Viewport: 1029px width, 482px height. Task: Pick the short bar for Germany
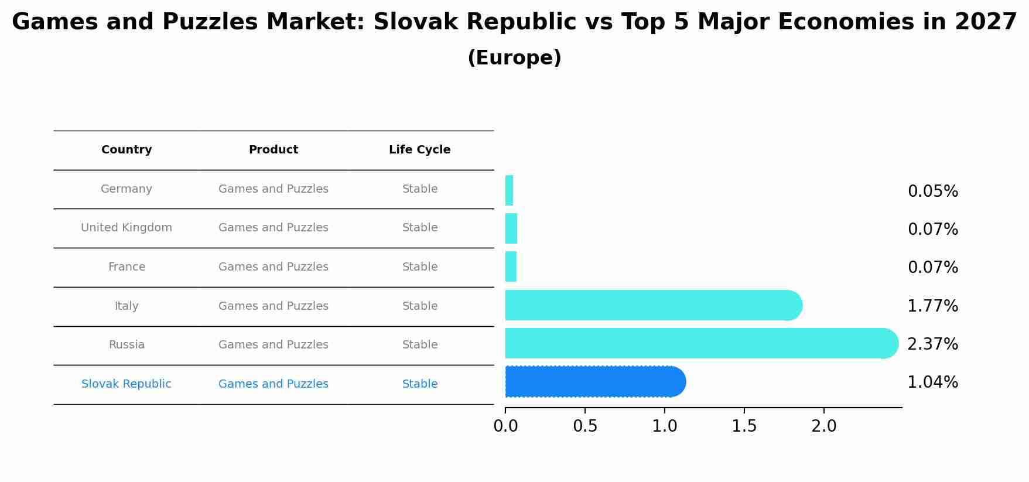tap(509, 190)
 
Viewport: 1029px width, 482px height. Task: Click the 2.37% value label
tap(932, 344)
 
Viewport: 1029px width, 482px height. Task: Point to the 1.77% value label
tap(932, 306)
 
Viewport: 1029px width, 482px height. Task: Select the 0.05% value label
tap(932, 192)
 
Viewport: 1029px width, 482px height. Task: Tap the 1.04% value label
tap(932, 382)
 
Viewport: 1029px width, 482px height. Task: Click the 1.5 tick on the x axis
tap(744, 426)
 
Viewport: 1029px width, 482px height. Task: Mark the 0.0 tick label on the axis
tap(505, 426)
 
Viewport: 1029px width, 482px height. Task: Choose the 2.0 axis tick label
tap(823, 426)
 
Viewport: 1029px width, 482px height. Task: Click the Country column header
tap(127, 150)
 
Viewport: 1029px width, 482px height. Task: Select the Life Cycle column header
tap(419, 150)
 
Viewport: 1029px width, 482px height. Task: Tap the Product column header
tap(273, 150)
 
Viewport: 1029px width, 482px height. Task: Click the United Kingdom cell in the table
tap(127, 228)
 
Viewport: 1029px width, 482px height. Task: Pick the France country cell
tap(127, 267)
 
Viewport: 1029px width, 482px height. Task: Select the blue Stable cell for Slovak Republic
tap(419, 384)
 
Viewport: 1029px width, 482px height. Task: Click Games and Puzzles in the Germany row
tap(273, 189)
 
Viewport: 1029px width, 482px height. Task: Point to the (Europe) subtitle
tap(514, 58)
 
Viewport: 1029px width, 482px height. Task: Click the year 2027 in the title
tap(985, 22)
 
